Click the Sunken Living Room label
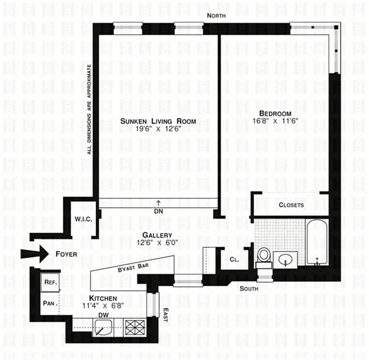click(158, 121)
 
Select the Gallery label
click(157, 235)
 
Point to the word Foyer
click(67, 255)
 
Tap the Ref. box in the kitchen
click(49, 282)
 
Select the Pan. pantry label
click(49, 303)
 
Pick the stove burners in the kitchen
click(133, 327)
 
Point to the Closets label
click(291, 205)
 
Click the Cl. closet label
click(234, 260)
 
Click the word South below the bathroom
click(249, 288)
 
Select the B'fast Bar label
click(133, 267)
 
